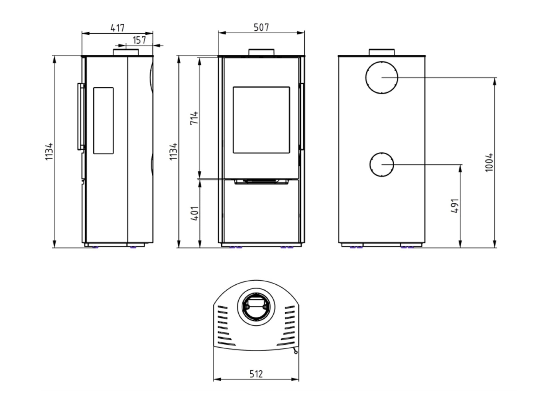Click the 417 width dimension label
(117, 28)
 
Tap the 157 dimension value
(139, 40)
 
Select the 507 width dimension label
(261, 27)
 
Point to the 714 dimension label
(194, 118)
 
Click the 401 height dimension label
(194, 213)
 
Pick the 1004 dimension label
(489, 163)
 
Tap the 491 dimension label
(455, 206)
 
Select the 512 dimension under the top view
(256, 374)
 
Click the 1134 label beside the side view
(49, 151)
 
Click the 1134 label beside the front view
(173, 151)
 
